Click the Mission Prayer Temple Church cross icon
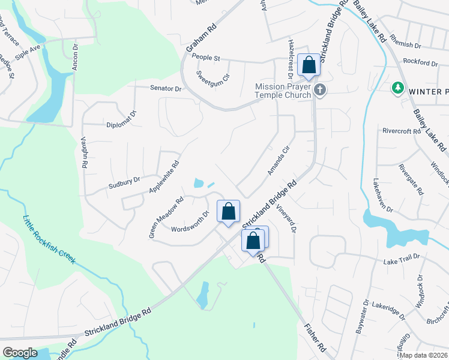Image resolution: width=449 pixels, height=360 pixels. tap(320, 90)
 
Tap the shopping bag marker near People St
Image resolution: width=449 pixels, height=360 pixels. tap(309, 64)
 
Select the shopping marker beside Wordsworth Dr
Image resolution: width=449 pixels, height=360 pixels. tap(228, 211)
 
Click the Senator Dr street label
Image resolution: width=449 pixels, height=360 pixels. tap(166, 88)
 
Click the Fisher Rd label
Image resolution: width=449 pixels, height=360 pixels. tap(315, 338)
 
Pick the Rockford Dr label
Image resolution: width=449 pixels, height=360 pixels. tap(421, 62)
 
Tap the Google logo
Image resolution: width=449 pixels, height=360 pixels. tap(20, 353)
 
